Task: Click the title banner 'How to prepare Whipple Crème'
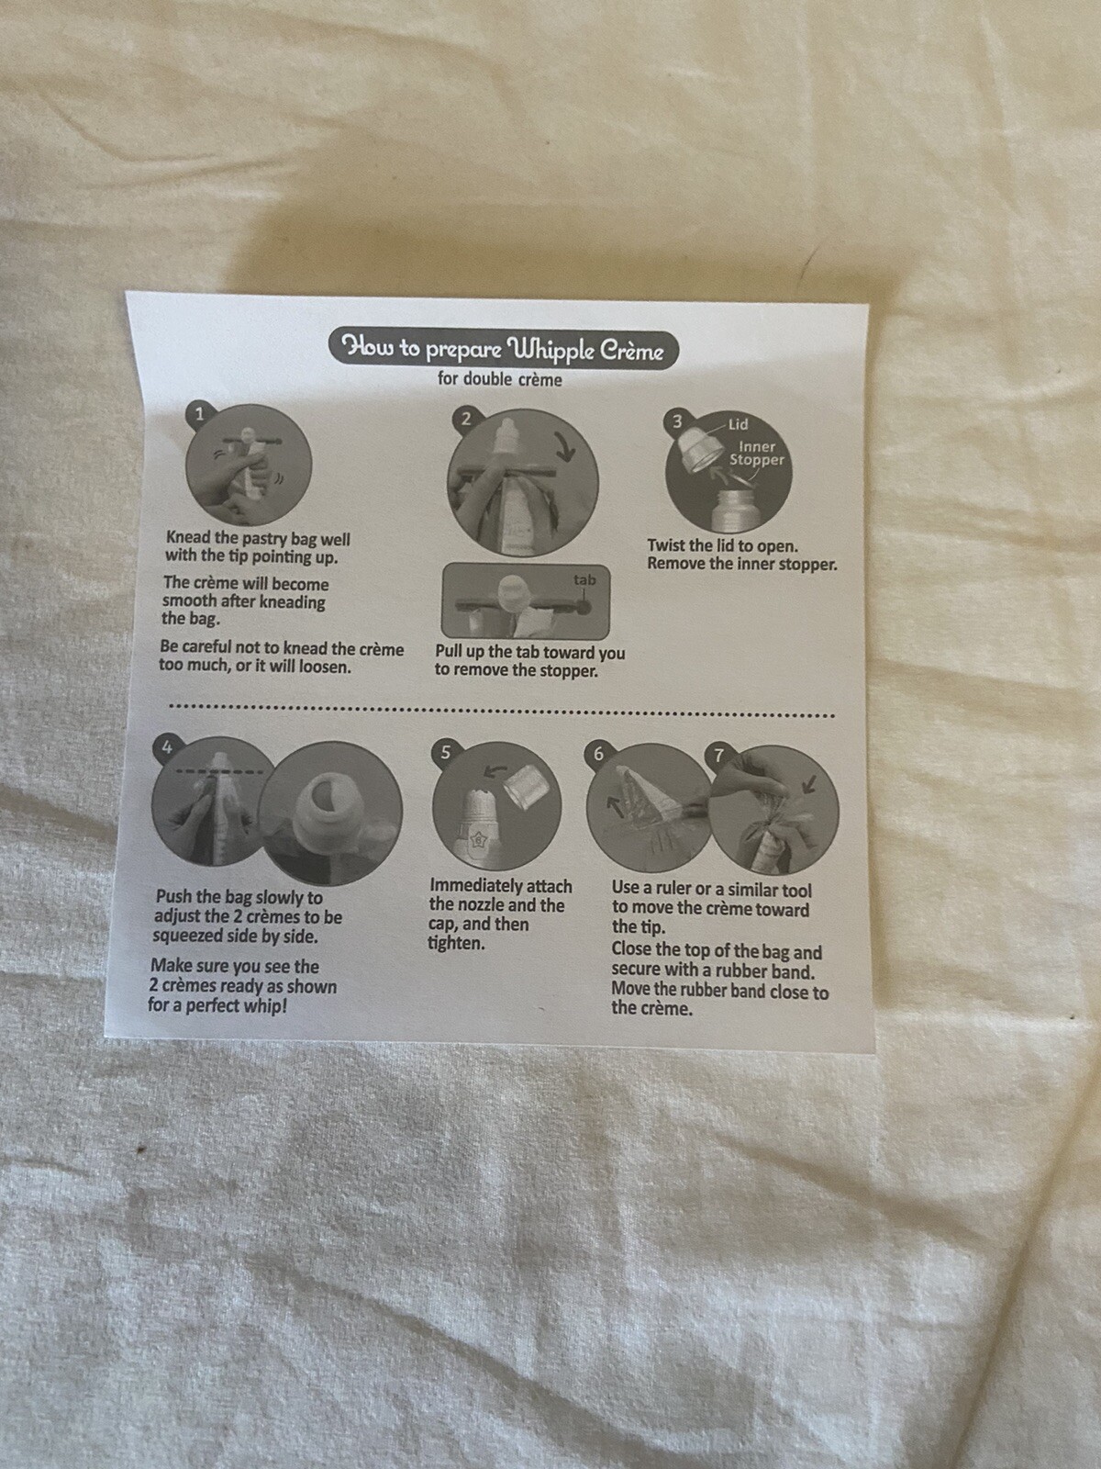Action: [x=503, y=349]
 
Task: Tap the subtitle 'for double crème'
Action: [x=500, y=379]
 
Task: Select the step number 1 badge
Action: [x=199, y=414]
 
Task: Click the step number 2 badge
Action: [x=467, y=420]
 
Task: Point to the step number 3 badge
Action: [x=678, y=421]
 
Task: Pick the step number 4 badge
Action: [x=167, y=747]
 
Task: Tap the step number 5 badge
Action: [x=445, y=752]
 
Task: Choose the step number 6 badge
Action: [x=598, y=754]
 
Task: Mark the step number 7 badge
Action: [x=719, y=756]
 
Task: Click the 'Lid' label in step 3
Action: [x=738, y=424]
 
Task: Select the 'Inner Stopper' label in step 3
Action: [x=757, y=453]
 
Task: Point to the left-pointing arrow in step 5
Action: [x=495, y=772]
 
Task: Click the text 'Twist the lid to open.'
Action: [x=723, y=546]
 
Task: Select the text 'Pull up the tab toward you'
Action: [x=530, y=652]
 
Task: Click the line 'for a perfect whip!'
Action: [x=217, y=1006]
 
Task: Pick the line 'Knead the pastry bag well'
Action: [x=258, y=538]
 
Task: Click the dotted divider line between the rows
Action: [x=503, y=711]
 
